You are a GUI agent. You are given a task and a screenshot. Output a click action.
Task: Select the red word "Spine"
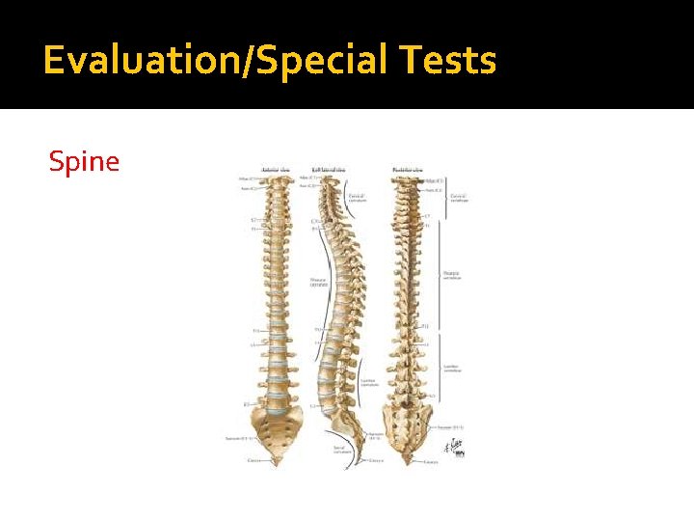tap(85, 161)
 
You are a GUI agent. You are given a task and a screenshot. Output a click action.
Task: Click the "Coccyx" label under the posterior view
tap(431, 462)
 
